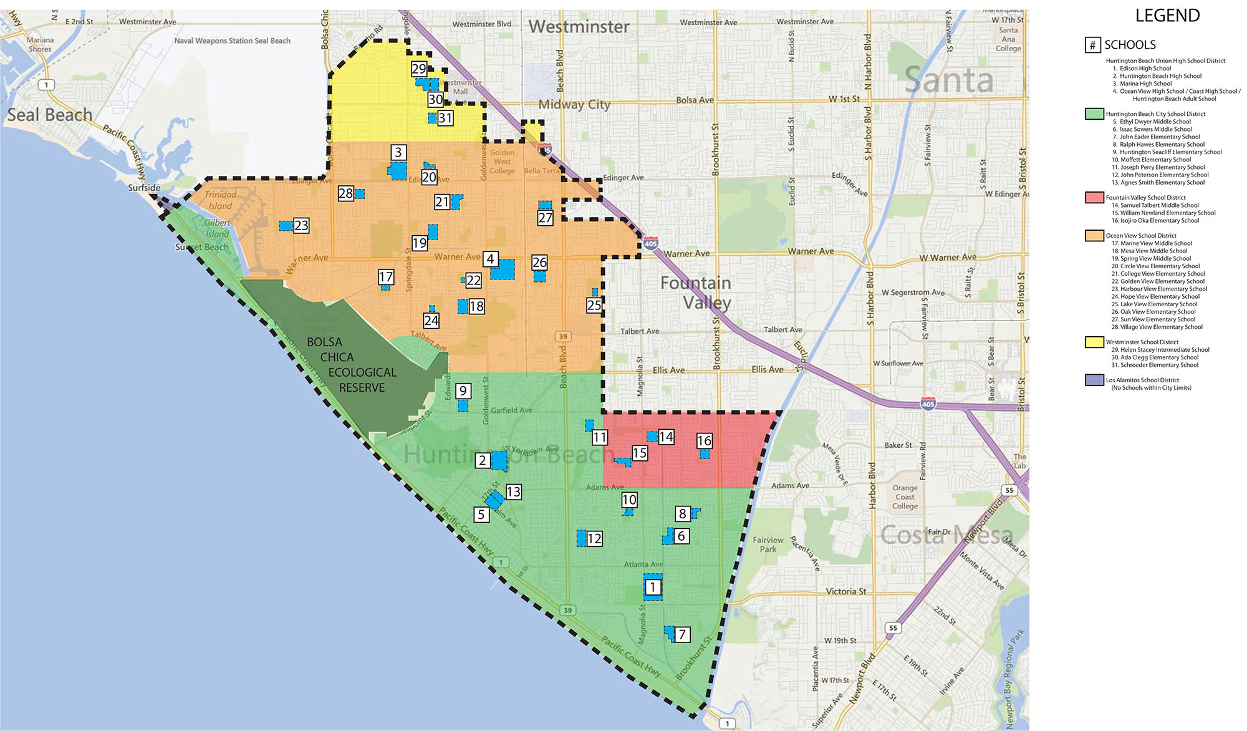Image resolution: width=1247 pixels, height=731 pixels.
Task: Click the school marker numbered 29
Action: (x=419, y=69)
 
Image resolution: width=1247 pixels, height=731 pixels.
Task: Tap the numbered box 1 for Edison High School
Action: (x=653, y=587)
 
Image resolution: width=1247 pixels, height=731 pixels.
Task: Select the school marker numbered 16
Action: (x=704, y=441)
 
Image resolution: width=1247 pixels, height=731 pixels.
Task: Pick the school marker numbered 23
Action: (x=301, y=225)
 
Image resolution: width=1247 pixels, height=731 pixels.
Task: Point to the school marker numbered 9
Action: (x=463, y=391)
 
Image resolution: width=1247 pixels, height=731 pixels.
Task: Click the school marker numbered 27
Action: (x=545, y=218)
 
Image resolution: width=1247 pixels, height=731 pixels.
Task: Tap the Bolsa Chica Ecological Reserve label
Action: (x=352, y=365)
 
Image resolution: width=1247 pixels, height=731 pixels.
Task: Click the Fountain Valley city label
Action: (x=696, y=293)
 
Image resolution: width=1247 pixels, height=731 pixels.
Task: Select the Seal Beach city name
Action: (x=50, y=115)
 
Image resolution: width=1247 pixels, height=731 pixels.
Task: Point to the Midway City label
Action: (x=574, y=104)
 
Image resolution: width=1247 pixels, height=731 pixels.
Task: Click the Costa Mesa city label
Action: (x=946, y=535)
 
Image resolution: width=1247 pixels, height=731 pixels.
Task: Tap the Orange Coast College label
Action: (x=904, y=497)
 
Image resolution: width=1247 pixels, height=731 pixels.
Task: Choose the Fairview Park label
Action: (x=768, y=545)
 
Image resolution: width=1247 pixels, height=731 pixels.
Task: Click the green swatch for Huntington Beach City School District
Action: (x=1094, y=114)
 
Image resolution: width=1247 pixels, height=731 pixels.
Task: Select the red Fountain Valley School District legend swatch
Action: (x=1094, y=197)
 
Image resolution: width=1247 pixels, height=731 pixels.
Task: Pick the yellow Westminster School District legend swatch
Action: (x=1094, y=342)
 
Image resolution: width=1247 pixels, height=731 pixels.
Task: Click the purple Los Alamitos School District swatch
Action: (x=1094, y=380)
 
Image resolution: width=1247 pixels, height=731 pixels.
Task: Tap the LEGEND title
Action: (x=1167, y=16)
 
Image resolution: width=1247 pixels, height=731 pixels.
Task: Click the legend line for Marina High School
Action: (x=1145, y=84)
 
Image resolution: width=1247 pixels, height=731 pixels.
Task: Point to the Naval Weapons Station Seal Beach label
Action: (x=232, y=41)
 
